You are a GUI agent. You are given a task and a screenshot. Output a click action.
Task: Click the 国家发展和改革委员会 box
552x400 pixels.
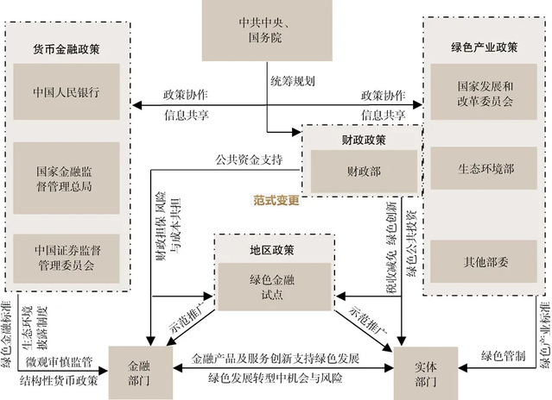click(484, 94)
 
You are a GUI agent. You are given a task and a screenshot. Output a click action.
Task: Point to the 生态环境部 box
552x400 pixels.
click(484, 169)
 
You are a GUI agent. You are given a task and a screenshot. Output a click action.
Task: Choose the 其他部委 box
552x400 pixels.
click(484, 258)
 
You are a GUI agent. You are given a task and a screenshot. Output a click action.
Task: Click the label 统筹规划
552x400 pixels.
click(291, 82)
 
